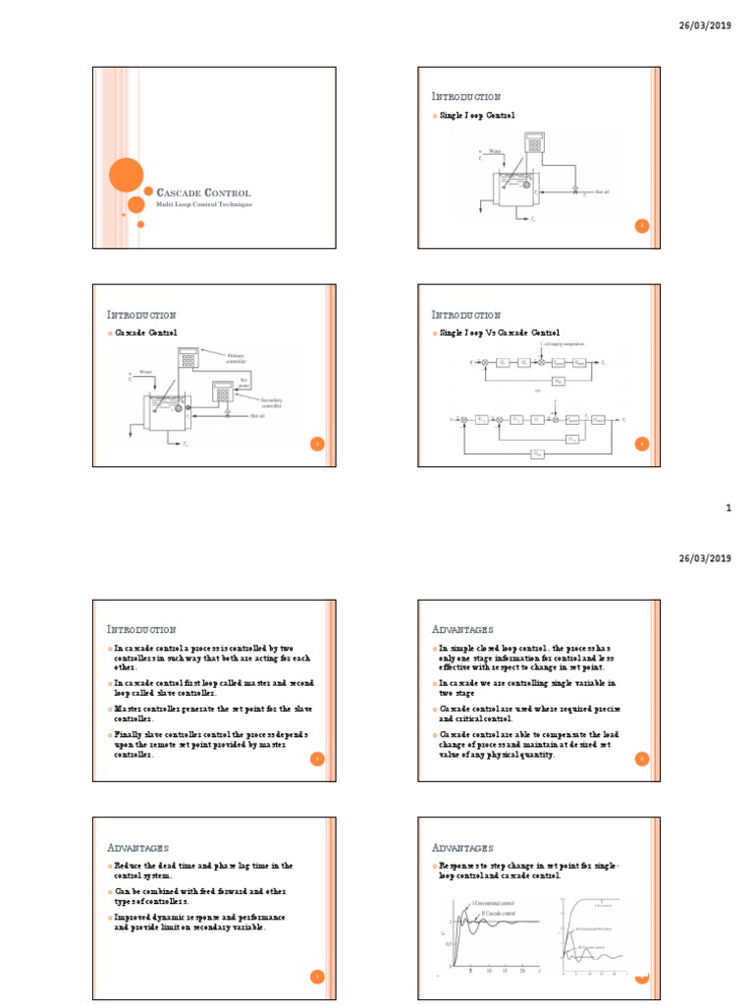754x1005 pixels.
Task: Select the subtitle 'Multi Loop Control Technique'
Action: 204,204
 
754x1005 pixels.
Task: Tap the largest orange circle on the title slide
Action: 126,176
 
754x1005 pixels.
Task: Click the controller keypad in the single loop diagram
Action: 534,143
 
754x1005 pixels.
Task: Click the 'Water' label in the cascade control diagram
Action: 145,372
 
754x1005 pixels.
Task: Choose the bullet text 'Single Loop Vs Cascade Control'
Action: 501,334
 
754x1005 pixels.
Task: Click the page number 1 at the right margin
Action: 728,508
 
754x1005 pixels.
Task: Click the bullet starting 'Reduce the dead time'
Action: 203,870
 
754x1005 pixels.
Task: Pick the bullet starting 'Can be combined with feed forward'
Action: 201,895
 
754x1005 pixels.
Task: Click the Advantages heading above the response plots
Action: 463,847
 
